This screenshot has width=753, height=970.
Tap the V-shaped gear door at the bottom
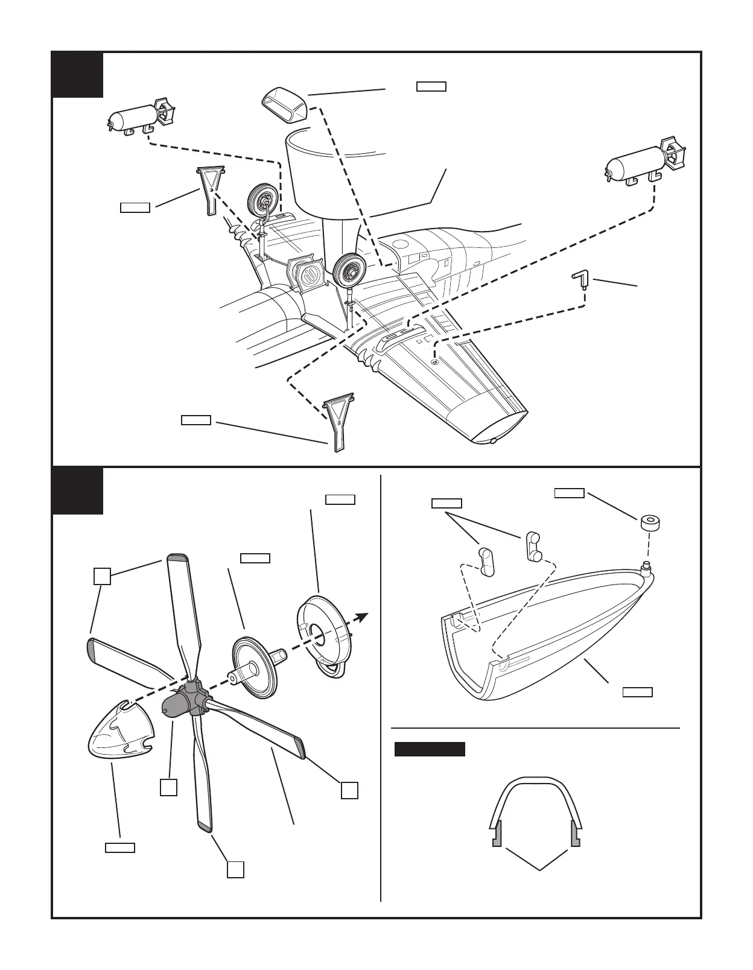[x=339, y=422]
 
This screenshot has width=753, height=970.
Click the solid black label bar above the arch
[x=429, y=749]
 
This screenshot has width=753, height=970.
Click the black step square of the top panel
[x=77, y=74]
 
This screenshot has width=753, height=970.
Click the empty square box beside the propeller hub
[x=168, y=788]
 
